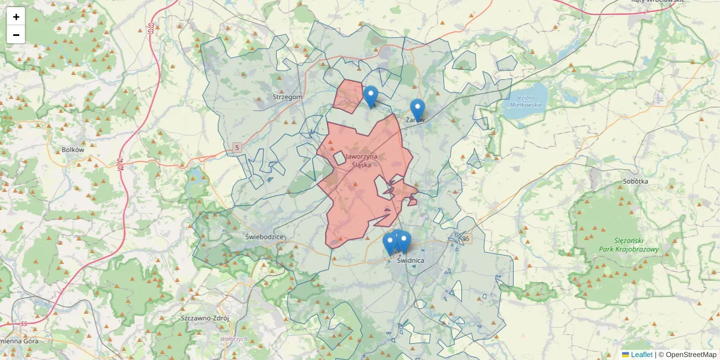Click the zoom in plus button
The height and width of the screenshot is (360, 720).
click(16, 17)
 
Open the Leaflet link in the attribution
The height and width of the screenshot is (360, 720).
click(641, 355)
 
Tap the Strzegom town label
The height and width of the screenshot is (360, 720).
click(287, 97)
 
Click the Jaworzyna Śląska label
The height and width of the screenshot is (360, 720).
click(359, 161)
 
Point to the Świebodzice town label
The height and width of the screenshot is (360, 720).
click(265, 237)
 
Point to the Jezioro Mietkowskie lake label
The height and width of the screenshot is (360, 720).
click(526, 101)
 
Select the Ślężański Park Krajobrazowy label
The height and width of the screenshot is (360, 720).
click(628, 245)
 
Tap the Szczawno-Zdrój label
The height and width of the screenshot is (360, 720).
click(205, 318)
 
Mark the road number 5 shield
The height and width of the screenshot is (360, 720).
click(238, 148)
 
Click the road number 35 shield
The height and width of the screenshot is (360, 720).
click(467, 239)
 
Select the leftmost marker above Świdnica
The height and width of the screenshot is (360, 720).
click(390, 244)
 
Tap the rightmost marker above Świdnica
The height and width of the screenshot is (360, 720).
click(404, 242)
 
